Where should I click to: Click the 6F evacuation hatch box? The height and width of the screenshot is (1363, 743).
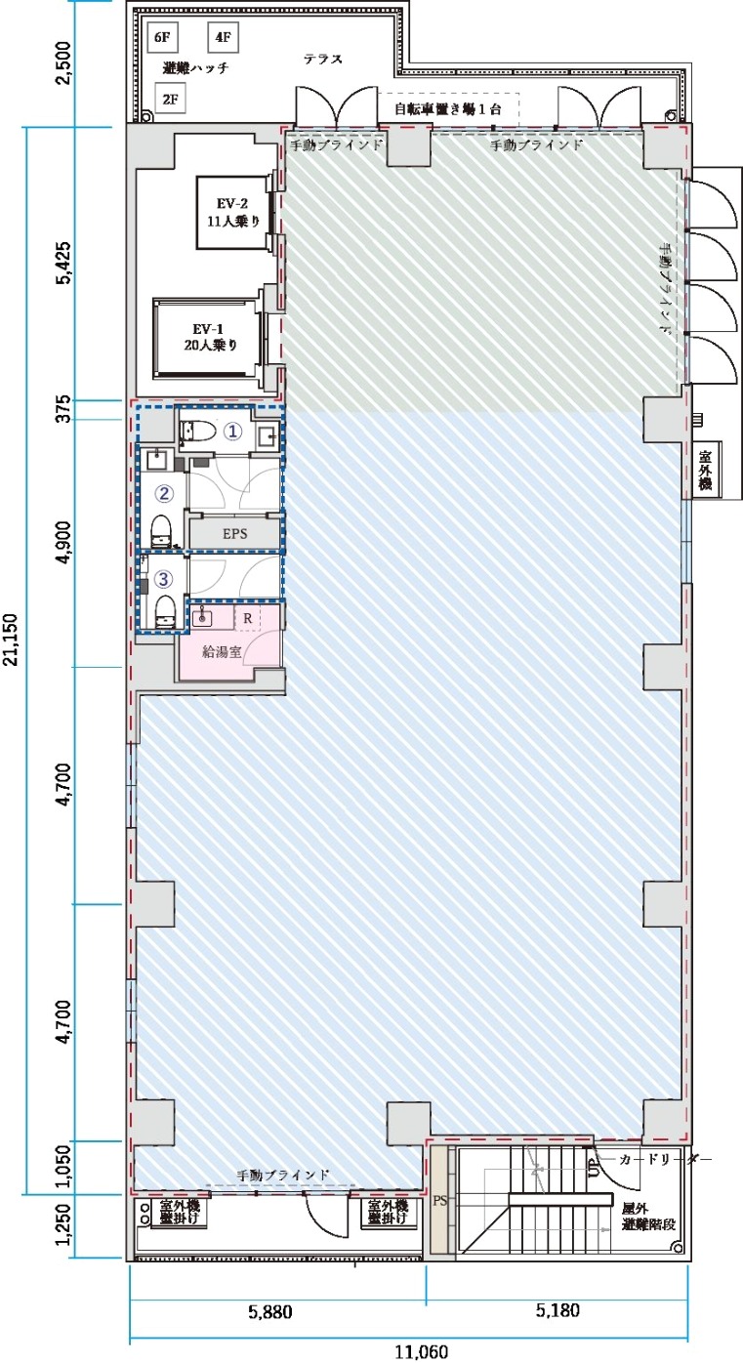(x=162, y=37)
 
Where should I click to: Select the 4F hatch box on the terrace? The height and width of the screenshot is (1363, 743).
(x=223, y=37)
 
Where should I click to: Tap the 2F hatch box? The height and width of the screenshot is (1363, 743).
(x=171, y=99)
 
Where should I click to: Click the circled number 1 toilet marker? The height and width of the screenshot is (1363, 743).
(x=233, y=432)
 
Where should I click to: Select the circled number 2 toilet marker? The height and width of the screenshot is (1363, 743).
(x=164, y=493)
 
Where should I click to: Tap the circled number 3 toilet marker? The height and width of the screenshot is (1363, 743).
(x=164, y=579)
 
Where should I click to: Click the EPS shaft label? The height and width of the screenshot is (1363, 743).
(x=235, y=534)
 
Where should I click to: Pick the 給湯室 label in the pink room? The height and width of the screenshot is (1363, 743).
(x=222, y=651)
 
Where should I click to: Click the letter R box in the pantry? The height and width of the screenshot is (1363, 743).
(x=248, y=618)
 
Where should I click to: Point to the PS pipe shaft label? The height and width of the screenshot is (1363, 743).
(x=440, y=1201)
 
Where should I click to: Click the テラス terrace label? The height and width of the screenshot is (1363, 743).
(x=323, y=59)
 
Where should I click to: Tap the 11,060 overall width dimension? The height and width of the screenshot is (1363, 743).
(x=422, y=1352)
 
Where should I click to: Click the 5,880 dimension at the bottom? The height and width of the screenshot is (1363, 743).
(x=270, y=1311)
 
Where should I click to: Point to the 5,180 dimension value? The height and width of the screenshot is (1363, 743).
(x=557, y=1309)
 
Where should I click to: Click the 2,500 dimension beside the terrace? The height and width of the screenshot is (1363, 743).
(x=63, y=64)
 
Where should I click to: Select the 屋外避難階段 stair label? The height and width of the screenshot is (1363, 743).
(x=648, y=1217)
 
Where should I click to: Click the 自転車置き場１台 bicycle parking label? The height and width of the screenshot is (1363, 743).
(x=448, y=109)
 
